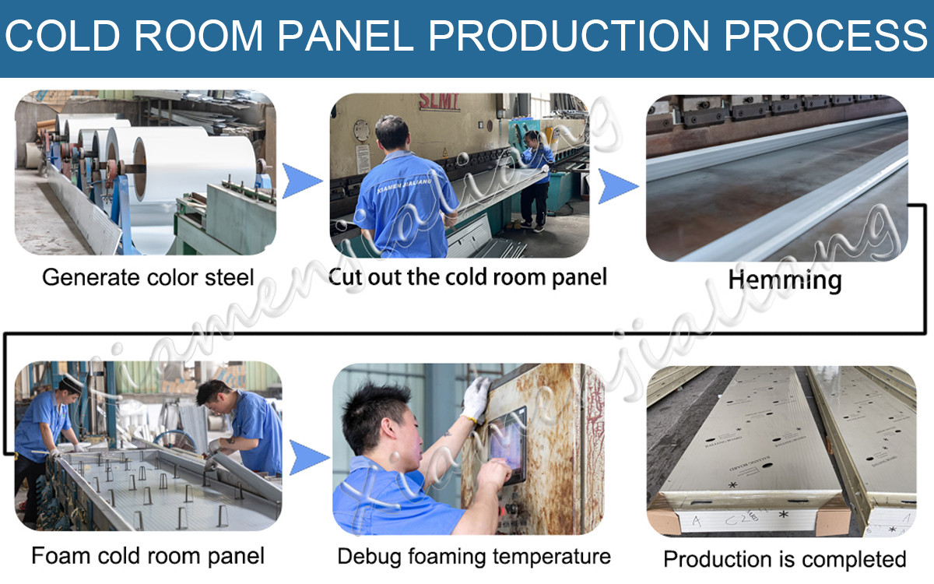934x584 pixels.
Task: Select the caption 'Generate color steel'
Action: (x=148, y=277)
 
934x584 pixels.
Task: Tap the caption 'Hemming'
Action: (x=785, y=280)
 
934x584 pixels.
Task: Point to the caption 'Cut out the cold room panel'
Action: (x=467, y=276)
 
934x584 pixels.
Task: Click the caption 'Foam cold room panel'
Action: (x=148, y=556)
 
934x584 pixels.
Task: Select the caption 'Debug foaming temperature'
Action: (x=474, y=557)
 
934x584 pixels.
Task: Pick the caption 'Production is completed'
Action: (x=785, y=559)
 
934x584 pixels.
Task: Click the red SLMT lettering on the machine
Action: (x=439, y=102)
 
